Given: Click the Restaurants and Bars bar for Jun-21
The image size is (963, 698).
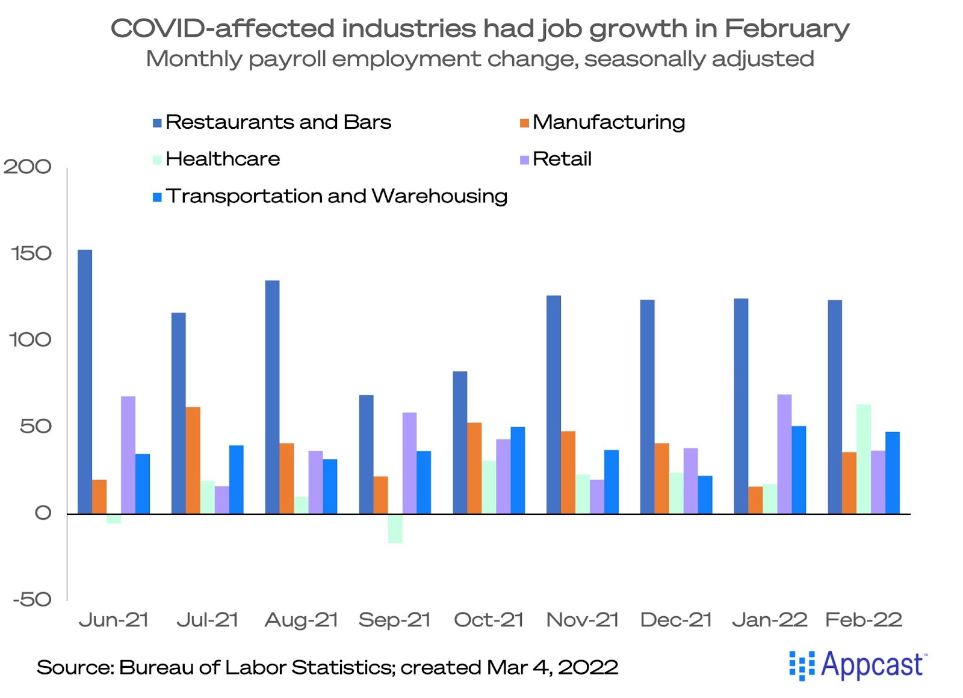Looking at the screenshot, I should [x=85, y=381].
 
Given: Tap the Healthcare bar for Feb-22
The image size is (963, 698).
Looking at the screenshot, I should [x=863, y=459].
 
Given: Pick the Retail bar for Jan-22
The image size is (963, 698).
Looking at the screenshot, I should [x=784, y=454].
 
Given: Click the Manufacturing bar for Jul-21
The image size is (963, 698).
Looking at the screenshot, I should [x=193, y=460].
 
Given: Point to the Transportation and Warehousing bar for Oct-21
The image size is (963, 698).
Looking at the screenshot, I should [x=518, y=470].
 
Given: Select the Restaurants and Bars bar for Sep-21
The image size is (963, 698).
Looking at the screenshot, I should [x=366, y=454].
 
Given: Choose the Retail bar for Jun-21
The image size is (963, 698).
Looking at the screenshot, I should [x=128, y=455].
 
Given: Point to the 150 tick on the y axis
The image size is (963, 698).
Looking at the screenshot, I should [x=31, y=253].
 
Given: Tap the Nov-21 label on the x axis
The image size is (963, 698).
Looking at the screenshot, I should [x=582, y=620].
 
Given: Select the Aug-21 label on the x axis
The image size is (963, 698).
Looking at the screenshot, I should [x=301, y=620].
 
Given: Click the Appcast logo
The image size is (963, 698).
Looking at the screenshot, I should [x=858, y=666].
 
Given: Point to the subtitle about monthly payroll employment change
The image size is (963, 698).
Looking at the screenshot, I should [x=480, y=59].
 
